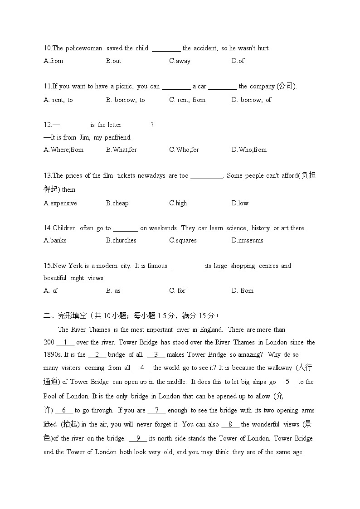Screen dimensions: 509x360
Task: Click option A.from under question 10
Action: coord(54,61)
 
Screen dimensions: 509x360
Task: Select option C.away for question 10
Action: coord(180,61)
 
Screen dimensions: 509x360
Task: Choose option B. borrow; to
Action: coord(126,100)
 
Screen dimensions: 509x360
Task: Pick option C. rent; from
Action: coord(187,100)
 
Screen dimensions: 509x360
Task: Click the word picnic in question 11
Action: coord(122,86)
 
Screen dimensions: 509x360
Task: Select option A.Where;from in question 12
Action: coord(63,150)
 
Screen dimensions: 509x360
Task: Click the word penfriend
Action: coord(118,137)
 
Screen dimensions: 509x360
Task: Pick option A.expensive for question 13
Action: coord(60,203)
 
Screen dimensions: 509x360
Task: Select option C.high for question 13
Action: coord(178,203)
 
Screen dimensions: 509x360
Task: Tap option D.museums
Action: coord(247,240)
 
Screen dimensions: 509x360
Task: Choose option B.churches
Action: coord(121,240)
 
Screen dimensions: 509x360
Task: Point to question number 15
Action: coord(48,266)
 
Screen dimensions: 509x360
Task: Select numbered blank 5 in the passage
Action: coord(287,382)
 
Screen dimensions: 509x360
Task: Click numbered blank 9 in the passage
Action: coord(138,438)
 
